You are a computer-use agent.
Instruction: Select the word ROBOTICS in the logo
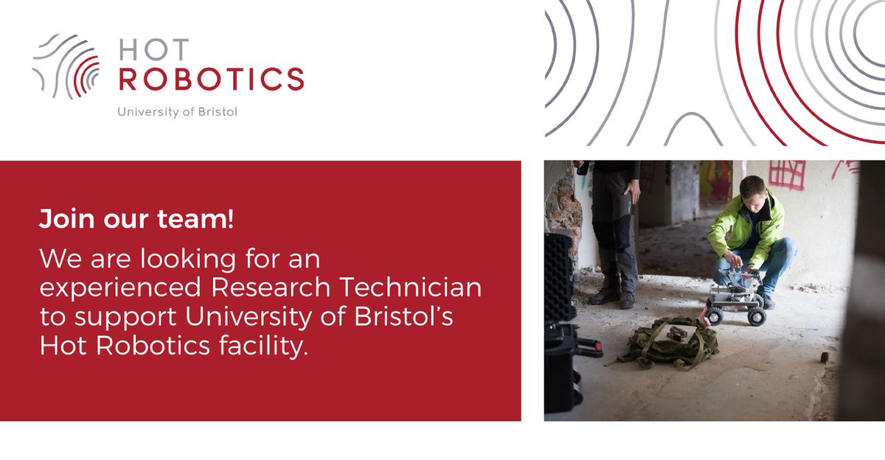pyautogui.click(x=211, y=78)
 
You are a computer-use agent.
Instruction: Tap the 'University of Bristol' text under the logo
pyautogui.click(x=178, y=113)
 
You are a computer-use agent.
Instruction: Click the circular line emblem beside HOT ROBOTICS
pyautogui.click(x=67, y=66)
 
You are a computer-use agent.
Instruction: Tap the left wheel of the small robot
pyautogui.click(x=713, y=316)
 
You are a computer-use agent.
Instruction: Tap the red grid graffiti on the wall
pyautogui.click(x=786, y=174)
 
